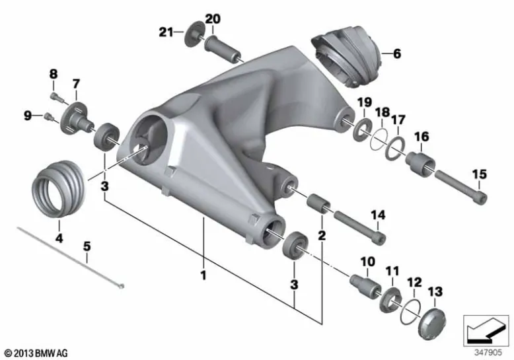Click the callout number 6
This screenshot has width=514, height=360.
tap(397, 53)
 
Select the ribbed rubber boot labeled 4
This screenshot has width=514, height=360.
tap(59, 188)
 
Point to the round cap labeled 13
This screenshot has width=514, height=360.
tap(432, 324)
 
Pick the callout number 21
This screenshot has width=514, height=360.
tap(166, 32)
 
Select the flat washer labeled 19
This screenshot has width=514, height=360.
tap(362, 129)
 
